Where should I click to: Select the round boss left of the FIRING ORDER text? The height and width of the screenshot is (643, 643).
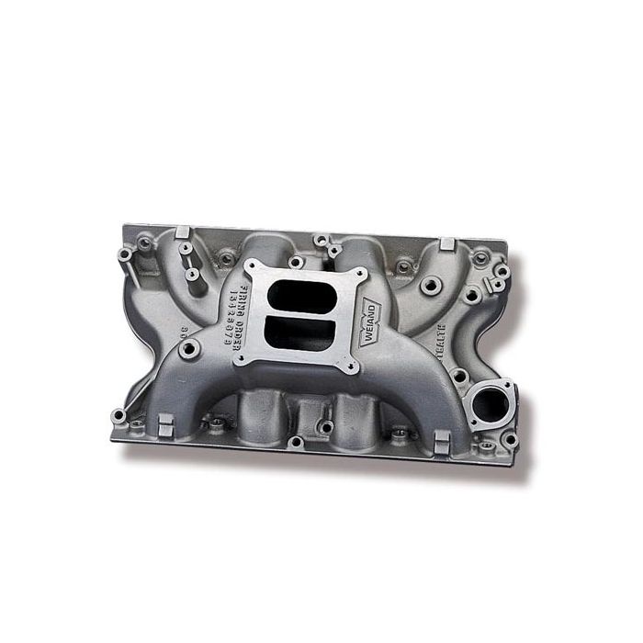click(x=188, y=349)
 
